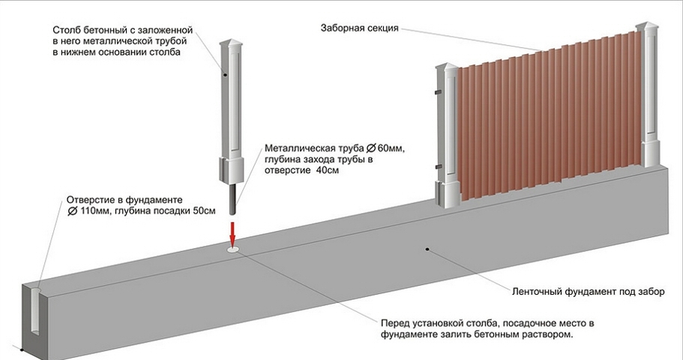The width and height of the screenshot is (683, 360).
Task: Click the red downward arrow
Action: [232, 228]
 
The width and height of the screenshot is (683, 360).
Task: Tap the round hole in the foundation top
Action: [233, 247]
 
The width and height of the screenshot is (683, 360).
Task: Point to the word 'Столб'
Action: [66, 29]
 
